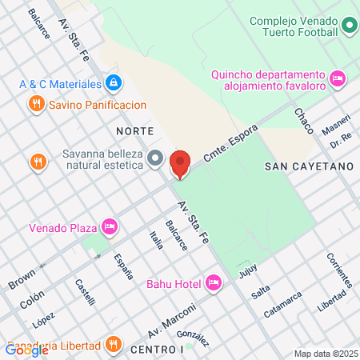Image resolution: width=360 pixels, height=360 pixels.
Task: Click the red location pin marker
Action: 180,163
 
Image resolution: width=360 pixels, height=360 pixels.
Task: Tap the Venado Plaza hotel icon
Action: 110,228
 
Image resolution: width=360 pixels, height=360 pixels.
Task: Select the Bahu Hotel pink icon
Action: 213,282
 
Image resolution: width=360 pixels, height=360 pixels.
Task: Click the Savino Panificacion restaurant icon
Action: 36,104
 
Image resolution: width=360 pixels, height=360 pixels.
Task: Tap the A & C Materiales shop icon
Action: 114,83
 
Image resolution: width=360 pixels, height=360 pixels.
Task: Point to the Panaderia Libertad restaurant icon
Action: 114,345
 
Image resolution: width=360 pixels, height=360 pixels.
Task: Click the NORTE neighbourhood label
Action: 134,130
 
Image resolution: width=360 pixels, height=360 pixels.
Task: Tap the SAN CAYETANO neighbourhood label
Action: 308,166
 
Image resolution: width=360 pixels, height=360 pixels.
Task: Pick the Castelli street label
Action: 85,291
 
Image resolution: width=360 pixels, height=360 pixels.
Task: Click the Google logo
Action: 26,350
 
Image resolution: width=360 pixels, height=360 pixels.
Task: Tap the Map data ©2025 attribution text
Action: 324,354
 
